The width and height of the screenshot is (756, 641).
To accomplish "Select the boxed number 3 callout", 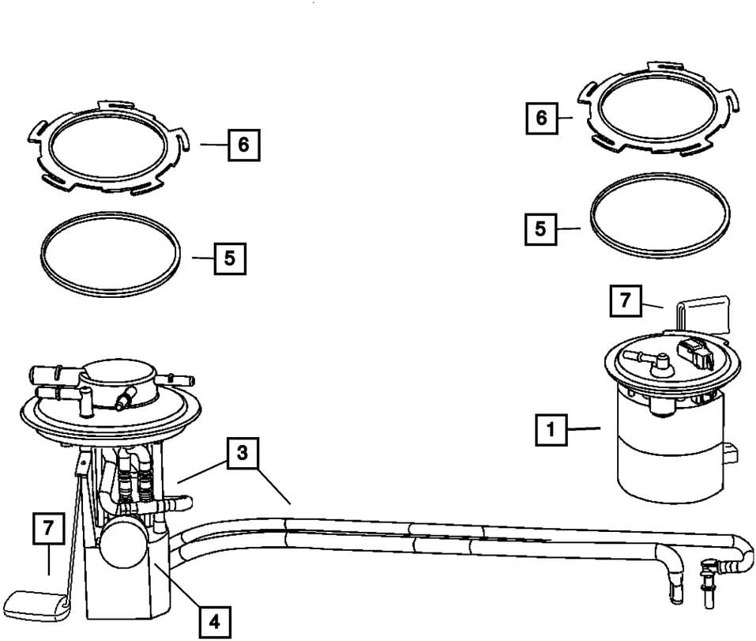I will click(x=243, y=453).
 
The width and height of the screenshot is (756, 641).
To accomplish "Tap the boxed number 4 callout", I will click(x=213, y=622).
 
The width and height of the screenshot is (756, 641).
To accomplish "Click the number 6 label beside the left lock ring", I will click(x=243, y=145).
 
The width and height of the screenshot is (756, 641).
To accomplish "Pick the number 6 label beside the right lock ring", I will click(x=542, y=118).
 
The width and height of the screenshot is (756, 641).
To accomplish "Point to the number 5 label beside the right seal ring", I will click(x=540, y=228).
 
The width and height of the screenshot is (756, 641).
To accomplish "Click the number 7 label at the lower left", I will click(x=48, y=528).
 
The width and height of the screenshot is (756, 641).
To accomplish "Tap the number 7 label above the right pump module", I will click(x=626, y=302).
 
